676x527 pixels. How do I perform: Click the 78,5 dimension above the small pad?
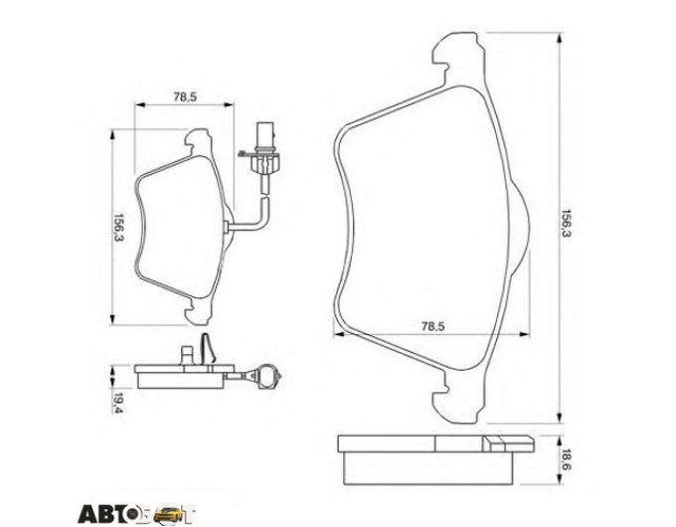pyautogui.click(x=185, y=97)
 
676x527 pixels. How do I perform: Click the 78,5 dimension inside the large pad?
pyautogui.click(x=432, y=326)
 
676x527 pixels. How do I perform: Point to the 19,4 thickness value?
pyautogui.click(x=116, y=404)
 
